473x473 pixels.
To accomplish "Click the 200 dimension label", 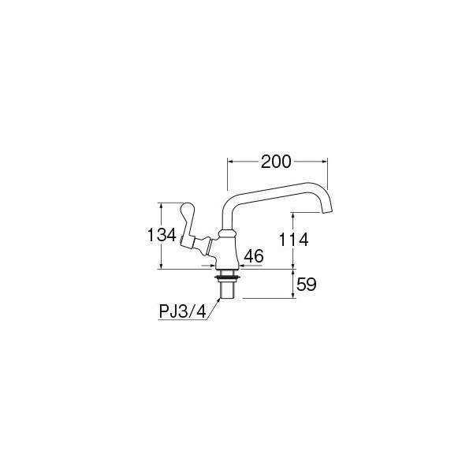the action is tap(276, 162).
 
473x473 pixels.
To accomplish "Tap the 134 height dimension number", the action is tap(162, 235).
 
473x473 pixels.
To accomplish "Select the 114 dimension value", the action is tap(294, 240).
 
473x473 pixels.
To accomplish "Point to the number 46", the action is tap(254, 256).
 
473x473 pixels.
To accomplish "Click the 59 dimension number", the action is tap(307, 285).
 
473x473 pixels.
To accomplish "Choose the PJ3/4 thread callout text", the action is tap(183, 311).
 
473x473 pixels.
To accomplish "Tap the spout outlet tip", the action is tap(327, 211).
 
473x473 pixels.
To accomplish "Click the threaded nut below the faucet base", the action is tap(227, 276).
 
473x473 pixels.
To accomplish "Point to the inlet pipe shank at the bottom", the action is tap(227, 290).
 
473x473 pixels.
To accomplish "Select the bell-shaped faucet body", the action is tap(227, 253).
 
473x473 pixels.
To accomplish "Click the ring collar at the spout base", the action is tap(227, 233).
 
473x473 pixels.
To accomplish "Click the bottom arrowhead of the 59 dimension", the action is tap(293, 296).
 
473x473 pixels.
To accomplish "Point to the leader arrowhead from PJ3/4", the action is tap(219, 300).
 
